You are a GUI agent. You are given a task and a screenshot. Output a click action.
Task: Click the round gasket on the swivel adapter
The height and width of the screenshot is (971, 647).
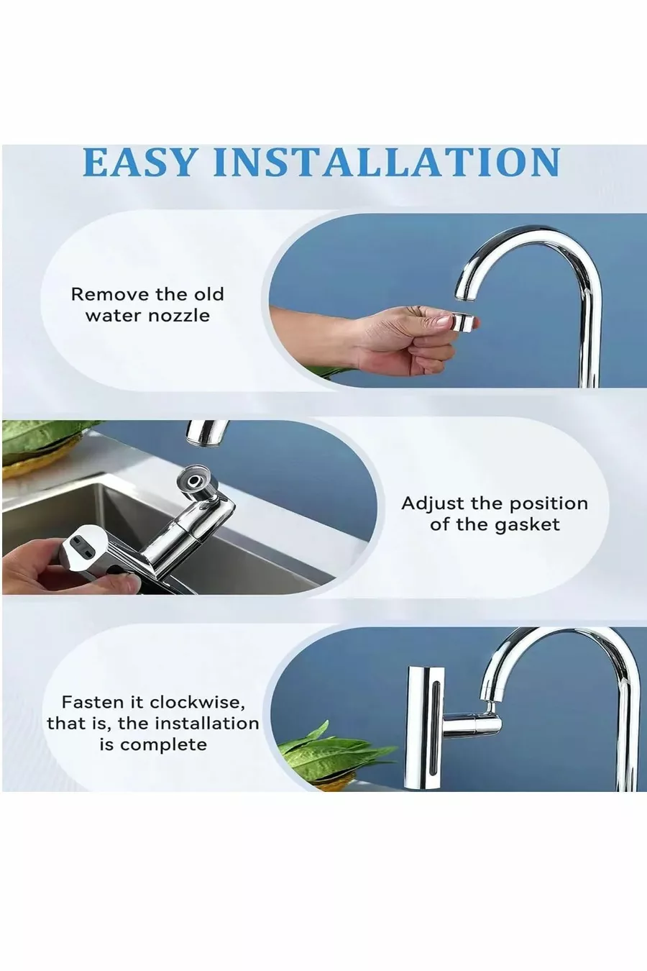195,481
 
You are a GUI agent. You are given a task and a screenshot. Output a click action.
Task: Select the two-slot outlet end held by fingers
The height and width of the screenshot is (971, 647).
81,548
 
